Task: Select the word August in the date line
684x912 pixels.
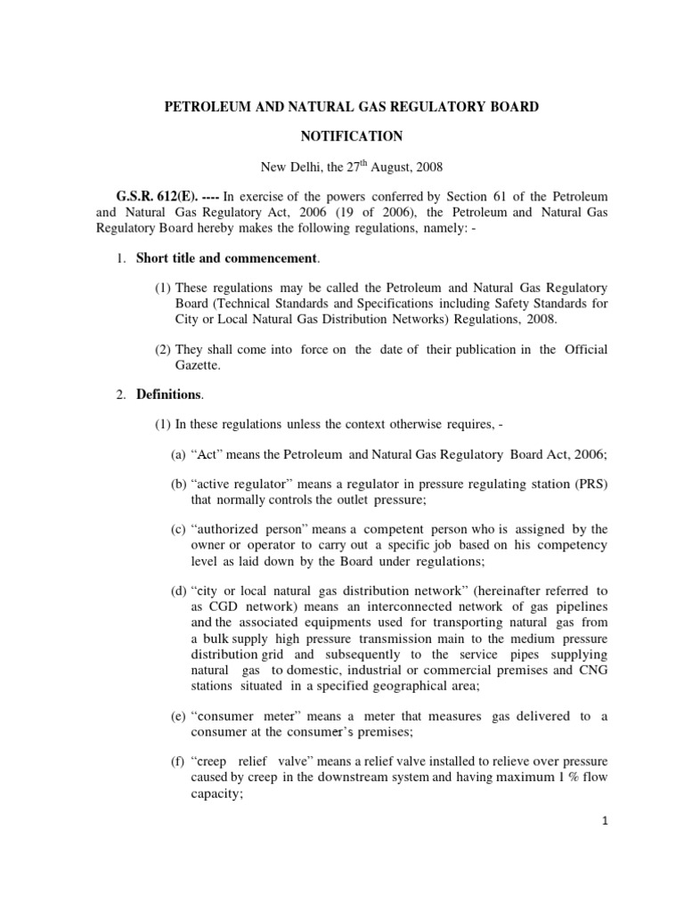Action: [389, 166]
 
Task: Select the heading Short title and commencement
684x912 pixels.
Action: [226, 258]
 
